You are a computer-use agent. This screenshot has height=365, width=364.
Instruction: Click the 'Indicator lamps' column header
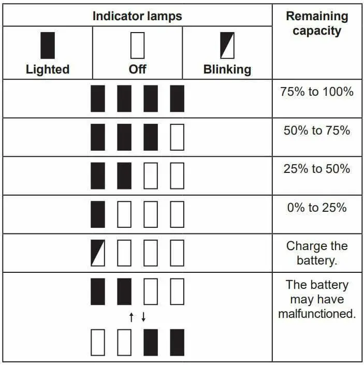[137, 16]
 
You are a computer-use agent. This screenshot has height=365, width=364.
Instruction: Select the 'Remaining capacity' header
[317, 23]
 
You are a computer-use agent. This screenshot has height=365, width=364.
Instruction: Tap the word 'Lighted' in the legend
[48, 69]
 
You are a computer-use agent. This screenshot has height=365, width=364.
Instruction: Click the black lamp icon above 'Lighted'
[48, 46]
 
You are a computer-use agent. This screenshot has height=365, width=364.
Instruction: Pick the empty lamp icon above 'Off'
[137, 46]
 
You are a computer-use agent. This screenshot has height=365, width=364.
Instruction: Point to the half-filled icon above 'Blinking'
[227, 46]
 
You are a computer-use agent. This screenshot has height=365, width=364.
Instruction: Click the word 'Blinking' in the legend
[227, 69]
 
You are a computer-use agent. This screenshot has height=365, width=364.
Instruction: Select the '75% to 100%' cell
[317, 92]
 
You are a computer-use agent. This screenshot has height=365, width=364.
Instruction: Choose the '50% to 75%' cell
[317, 130]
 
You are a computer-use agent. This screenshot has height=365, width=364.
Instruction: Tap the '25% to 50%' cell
[317, 169]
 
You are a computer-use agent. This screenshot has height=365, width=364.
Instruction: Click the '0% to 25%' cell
[317, 208]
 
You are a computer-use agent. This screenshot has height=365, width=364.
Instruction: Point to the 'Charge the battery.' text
[317, 253]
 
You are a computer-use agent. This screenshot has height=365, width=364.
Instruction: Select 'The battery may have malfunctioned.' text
[317, 299]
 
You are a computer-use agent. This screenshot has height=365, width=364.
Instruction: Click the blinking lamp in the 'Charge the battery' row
[98, 253]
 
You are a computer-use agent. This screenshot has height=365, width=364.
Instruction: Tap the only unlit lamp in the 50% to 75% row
[177, 137]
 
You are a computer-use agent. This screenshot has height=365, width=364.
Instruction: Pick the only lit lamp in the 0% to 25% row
[98, 214]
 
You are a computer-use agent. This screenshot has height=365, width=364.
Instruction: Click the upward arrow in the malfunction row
[132, 317]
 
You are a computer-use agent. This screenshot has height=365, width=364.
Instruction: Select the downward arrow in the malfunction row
[143, 317]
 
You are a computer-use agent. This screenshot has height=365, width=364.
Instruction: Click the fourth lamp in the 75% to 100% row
[177, 98]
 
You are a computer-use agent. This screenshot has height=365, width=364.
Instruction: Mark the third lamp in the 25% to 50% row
[151, 176]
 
